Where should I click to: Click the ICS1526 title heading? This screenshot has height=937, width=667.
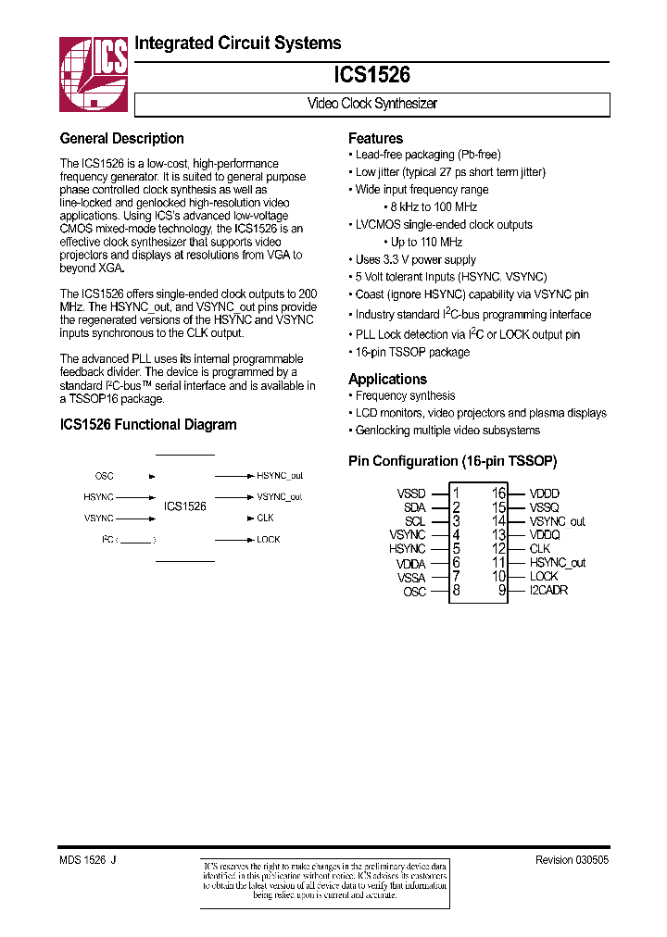point(371,75)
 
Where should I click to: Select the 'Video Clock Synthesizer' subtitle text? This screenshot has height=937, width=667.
point(371,104)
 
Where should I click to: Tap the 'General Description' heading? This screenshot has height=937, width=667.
point(121,139)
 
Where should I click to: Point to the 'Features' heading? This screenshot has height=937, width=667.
point(375,138)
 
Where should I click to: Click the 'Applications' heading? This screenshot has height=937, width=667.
point(387,379)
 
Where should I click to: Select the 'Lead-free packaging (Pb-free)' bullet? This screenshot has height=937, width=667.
point(427,155)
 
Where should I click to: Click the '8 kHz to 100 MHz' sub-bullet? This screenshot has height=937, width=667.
point(434,206)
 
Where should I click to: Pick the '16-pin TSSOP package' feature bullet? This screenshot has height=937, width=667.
point(412,352)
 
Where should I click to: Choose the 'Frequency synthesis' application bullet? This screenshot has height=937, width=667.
point(405,395)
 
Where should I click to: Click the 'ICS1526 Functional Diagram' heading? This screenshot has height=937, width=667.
point(147,425)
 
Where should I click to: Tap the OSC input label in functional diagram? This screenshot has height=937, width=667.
point(104,476)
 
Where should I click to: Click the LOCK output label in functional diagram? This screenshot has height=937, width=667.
point(268,539)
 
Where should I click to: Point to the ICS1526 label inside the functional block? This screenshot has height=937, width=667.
point(185,506)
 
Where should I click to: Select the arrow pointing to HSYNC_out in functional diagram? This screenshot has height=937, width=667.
point(233,476)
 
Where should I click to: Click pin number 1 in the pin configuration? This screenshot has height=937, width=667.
point(456,493)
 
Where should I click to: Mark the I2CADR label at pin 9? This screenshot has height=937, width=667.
point(548,590)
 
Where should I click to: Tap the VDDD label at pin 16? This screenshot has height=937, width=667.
point(545,493)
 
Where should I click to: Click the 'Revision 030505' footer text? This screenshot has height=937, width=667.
point(572,860)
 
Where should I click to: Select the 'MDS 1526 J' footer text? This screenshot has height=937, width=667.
point(87,860)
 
